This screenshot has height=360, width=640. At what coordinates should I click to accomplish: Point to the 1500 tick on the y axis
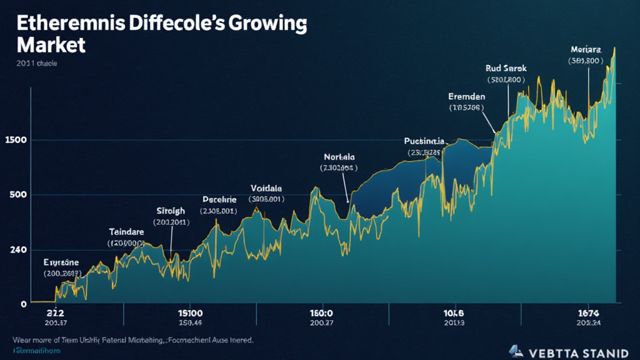[x=15, y=139]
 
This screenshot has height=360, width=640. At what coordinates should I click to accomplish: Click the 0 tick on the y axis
[x=24, y=304]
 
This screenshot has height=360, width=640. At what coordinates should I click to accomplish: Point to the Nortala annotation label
[x=340, y=156]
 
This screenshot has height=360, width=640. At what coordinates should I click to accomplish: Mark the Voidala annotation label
[x=266, y=187]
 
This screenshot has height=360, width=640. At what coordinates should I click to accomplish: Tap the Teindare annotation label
[x=126, y=231]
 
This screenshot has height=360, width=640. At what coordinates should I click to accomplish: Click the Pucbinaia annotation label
[x=424, y=141]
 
